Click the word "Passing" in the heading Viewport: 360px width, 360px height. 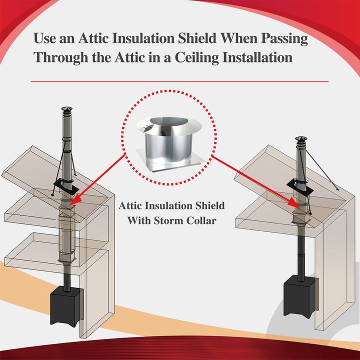click(x=284, y=38)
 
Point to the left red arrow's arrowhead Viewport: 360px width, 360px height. click(x=72, y=202)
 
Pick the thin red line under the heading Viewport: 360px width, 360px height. click(x=179, y=81)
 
